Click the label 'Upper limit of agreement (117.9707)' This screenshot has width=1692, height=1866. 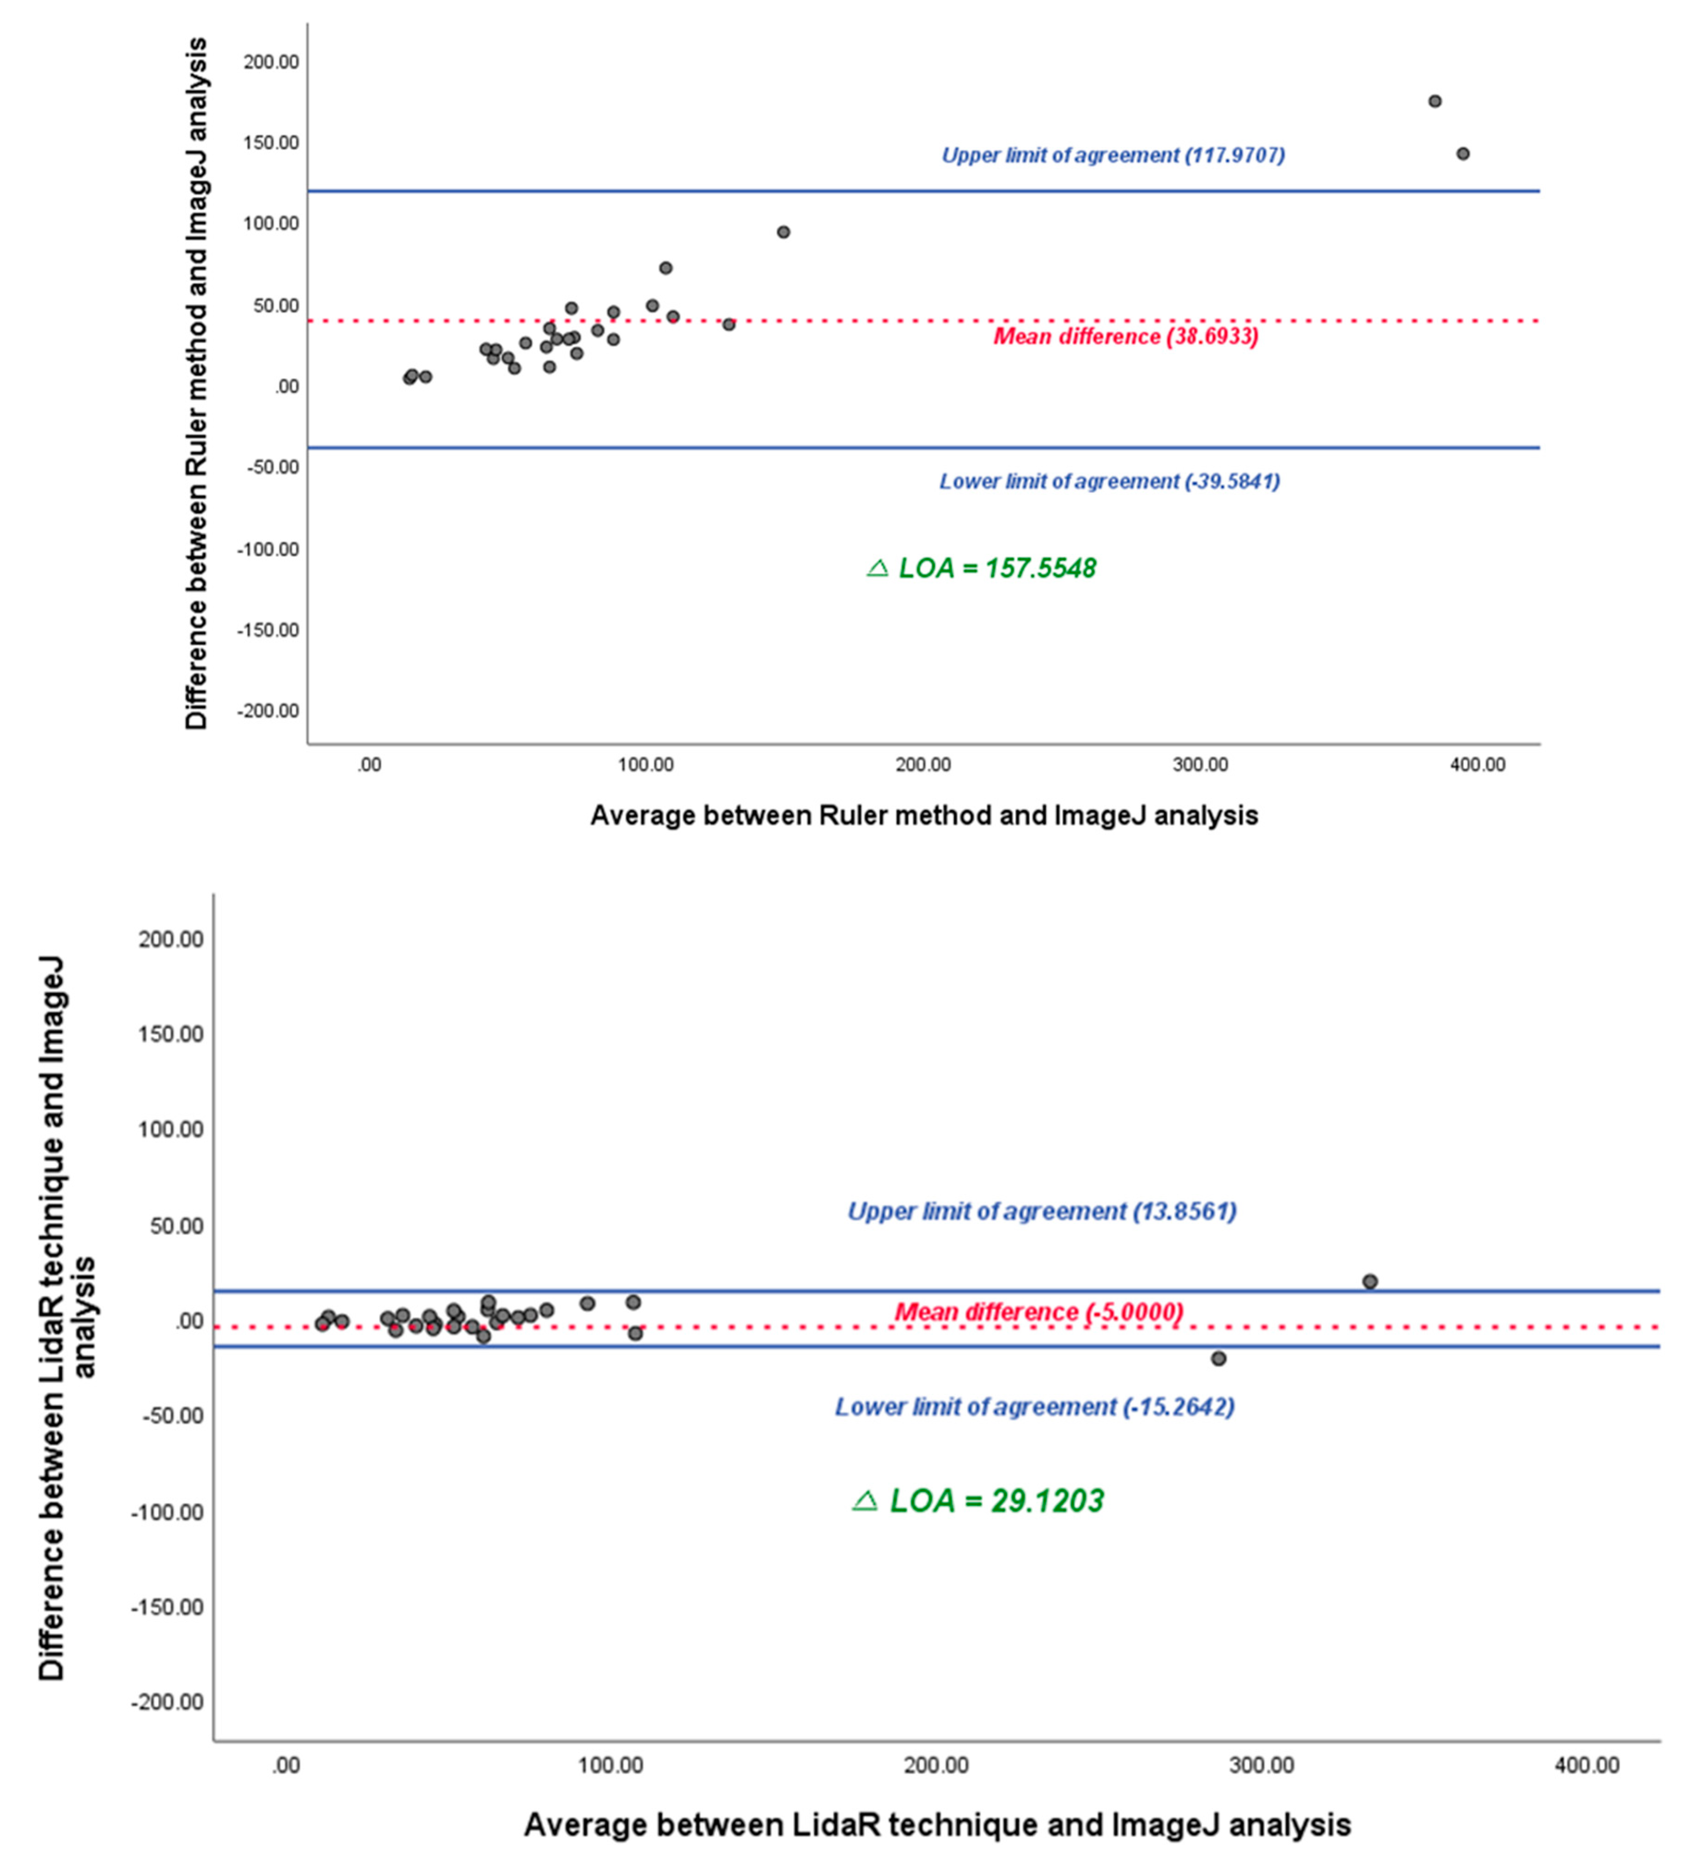(1112, 155)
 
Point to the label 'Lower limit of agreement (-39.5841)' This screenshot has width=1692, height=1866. (1109, 481)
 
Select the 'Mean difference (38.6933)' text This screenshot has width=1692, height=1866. (1125, 336)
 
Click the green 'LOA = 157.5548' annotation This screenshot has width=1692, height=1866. (981, 569)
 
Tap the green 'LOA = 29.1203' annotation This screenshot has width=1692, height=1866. (978, 1500)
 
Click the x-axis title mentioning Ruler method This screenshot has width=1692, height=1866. (924, 815)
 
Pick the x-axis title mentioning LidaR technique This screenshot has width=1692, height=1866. (937, 1824)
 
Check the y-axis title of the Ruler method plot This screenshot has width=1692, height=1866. (196, 384)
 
